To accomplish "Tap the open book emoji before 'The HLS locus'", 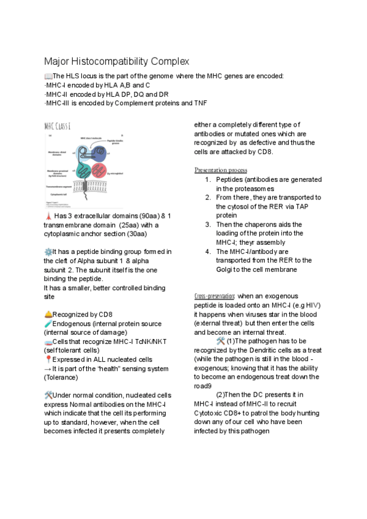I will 48,76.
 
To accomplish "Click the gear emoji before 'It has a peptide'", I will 48,252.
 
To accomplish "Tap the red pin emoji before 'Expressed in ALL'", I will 48,359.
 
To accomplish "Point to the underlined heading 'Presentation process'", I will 221,170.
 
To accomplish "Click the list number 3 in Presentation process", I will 208,225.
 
